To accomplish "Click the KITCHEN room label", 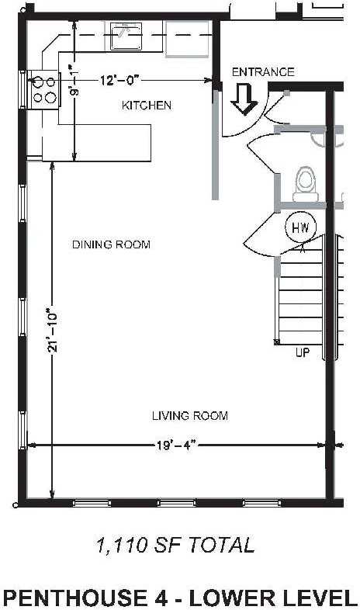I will click(x=147, y=105).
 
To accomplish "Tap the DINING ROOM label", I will click(x=111, y=244).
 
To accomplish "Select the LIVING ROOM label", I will click(x=189, y=416).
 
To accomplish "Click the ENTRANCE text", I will click(x=263, y=72).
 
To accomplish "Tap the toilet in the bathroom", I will click(x=306, y=182).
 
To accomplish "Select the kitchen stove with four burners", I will click(x=44, y=88).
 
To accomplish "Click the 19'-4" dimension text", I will click(x=175, y=445).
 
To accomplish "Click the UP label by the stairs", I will click(x=303, y=352).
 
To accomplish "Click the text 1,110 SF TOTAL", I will click(x=175, y=546).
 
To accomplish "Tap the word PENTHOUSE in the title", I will click(x=73, y=597).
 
